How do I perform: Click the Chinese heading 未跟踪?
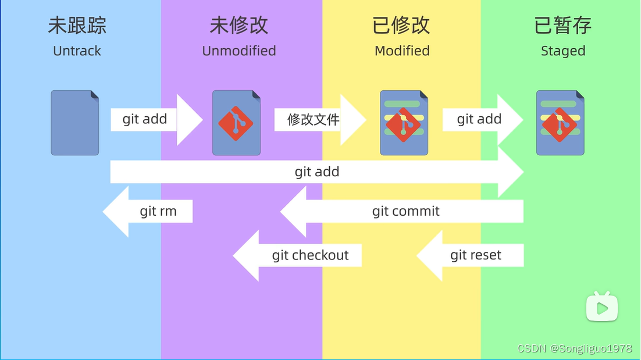(x=77, y=26)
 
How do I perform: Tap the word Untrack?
(x=77, y=51)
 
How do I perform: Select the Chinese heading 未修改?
(x=239, y=26)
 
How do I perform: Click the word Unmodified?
(x=239, y=51)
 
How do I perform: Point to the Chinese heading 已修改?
(x=401, y=26)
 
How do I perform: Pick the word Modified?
(x=402, y=51)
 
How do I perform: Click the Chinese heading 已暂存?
(x=563, y=26)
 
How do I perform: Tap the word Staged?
(x=563, y=51)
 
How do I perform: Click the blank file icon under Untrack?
(x=75, y=123)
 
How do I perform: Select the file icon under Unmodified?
(x=236, y=123)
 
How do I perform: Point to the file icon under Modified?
(x=404, y=123)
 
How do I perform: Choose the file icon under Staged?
(x=560, y=123)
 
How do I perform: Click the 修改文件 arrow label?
(x=314, y=120)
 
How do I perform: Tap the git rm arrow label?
(x=158, y=211)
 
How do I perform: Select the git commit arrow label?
(x=406, y=211)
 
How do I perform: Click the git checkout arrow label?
(x=310, y=255)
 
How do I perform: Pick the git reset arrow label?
(x=476, y=255)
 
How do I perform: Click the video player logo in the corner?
(x=602, y=306)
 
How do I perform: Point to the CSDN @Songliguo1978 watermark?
(x=575, y=348)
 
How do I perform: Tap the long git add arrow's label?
(x=317, y=172)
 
